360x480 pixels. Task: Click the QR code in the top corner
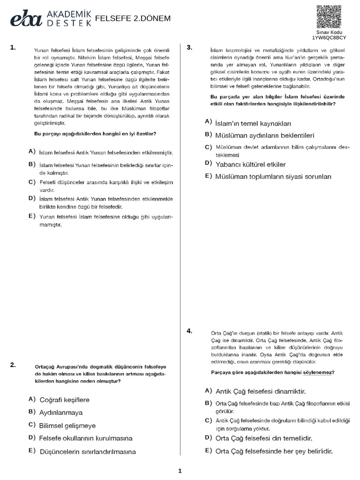pos(330,17)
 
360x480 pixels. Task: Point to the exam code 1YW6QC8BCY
pos(330,37)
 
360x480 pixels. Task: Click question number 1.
pos(13,47)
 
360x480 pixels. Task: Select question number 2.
pos(13,364)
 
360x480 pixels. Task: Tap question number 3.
pos(189,47)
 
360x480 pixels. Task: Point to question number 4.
pos(189,331)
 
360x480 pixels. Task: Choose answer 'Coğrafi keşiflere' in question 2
pos(64,400)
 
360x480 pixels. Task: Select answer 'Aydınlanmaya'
pos(61,412)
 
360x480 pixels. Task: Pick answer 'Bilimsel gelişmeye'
pos(67,426)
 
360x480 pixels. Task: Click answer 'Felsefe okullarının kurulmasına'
pos(86,438)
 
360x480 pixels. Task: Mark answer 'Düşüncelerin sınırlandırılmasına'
pos(88,452)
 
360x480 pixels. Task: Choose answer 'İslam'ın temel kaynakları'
pos(253,123)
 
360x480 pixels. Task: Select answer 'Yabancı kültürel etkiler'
pos(250,165)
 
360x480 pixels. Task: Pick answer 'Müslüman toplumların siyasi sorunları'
pos(273,177)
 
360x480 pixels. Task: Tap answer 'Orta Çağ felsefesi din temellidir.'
pos(264,438)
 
